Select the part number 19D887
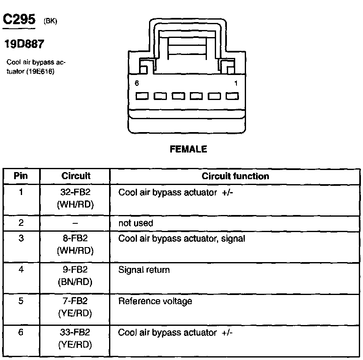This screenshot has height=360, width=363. point(24,44)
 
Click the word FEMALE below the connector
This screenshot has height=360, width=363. point(188,150)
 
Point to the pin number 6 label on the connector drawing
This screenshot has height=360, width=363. point(137,83)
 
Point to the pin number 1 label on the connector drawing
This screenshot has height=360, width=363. point(236,83)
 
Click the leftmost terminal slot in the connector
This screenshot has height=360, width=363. point(142,96)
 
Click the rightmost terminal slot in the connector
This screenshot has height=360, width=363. point(232,96)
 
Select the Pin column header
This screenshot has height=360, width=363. point(21,176)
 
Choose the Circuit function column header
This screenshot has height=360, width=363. point(235,176)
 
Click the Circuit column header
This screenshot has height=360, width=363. point(76,176)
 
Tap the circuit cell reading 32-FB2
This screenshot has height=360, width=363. point(76,193)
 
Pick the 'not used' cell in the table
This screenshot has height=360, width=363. point(136,223)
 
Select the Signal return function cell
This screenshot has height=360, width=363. point(144,270)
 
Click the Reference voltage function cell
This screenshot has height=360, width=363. point(155,301)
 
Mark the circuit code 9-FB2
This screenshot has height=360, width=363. point(76,270)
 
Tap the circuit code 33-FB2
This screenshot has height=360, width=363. point(76,333)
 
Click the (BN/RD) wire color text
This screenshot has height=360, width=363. point(75,282)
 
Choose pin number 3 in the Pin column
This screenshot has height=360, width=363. point(21,239)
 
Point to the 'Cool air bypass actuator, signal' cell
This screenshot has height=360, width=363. point(181,239)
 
